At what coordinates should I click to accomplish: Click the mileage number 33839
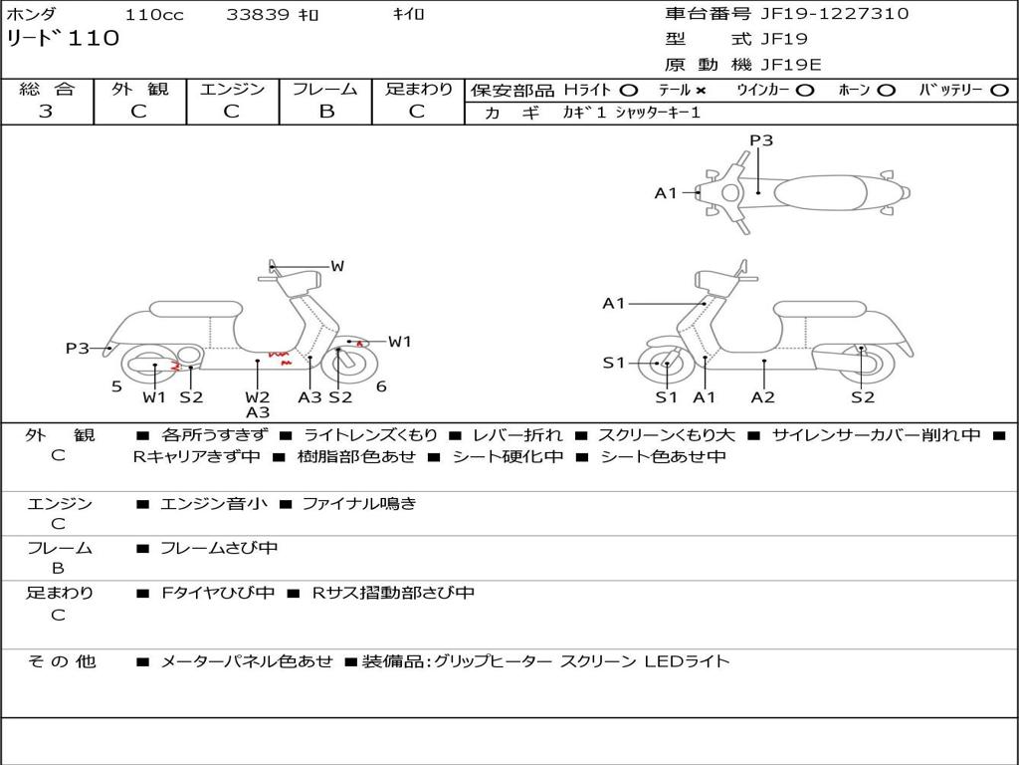[x=258, y=15]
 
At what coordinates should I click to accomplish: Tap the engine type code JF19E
[x=791, y=66]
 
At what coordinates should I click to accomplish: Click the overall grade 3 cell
[x=46, y=112]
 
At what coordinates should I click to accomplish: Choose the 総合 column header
[x=47, y=89]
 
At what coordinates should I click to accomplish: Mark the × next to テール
[x=701, y=90]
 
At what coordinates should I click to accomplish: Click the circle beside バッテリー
[x=1000, y=90]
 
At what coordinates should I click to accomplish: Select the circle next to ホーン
[x=887, y=90]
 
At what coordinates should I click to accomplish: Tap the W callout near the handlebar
[x=337, y=266]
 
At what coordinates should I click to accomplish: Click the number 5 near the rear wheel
[x=116, y=386]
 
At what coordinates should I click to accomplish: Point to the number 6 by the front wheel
[x=381, y=386]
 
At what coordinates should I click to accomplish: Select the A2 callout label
[x=763, y=397]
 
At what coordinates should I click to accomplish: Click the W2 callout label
[x=258, y=397]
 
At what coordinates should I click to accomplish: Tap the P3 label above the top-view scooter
[x=761, y=140]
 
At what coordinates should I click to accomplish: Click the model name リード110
[x=63, y=39]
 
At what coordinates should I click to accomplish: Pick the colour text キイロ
[x=408, y=15]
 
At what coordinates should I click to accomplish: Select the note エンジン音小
[x=214, y=504]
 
